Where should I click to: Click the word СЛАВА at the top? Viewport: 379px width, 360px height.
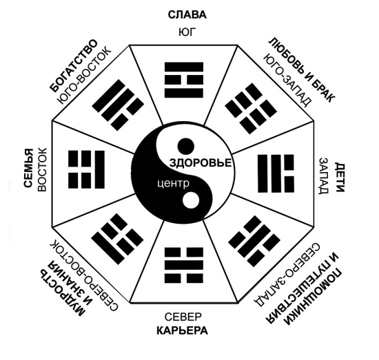point(187,14)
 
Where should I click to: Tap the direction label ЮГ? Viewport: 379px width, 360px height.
point(187,32)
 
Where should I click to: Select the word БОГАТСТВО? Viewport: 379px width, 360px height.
point(74,65)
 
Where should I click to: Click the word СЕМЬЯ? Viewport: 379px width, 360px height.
point(28,168)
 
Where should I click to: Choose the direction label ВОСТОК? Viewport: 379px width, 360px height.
point(42,170)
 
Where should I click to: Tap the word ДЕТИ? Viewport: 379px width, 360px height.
point(339,177)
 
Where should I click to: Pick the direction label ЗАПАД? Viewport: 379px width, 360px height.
point(324,176)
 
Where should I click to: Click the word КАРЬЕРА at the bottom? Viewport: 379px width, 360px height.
point(182,330)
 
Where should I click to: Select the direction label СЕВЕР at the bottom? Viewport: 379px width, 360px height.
point(183,317)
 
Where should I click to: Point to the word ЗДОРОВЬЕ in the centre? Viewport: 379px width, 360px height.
point(201,163)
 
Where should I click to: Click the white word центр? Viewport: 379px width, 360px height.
point(173,183)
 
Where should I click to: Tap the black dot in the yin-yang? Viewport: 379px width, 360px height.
point(186,146)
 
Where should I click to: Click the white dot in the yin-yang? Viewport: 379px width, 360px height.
point(191,200)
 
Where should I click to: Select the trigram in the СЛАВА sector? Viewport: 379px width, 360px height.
point(184,80)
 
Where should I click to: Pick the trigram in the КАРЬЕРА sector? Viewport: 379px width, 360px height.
point(184,265)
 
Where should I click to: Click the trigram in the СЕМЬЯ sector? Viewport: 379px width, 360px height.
point(87,169)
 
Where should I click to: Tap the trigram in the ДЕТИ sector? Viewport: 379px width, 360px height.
point(276,173)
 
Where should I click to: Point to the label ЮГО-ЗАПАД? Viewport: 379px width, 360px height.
point(287,80)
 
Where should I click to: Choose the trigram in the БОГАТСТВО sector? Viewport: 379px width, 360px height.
point(118,105)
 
